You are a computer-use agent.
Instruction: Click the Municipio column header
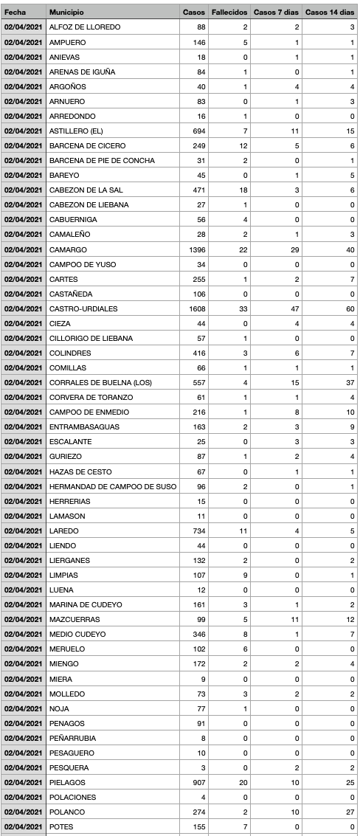(66, 13)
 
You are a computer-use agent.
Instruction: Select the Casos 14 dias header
(330, 13)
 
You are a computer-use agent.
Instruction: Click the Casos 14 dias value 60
(350, 308)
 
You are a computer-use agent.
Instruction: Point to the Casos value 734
(197, 531)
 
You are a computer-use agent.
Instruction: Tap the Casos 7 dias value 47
(295, 308)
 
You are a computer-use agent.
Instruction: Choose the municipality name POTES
(61, 826)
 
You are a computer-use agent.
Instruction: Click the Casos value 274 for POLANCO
(197, 812)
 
